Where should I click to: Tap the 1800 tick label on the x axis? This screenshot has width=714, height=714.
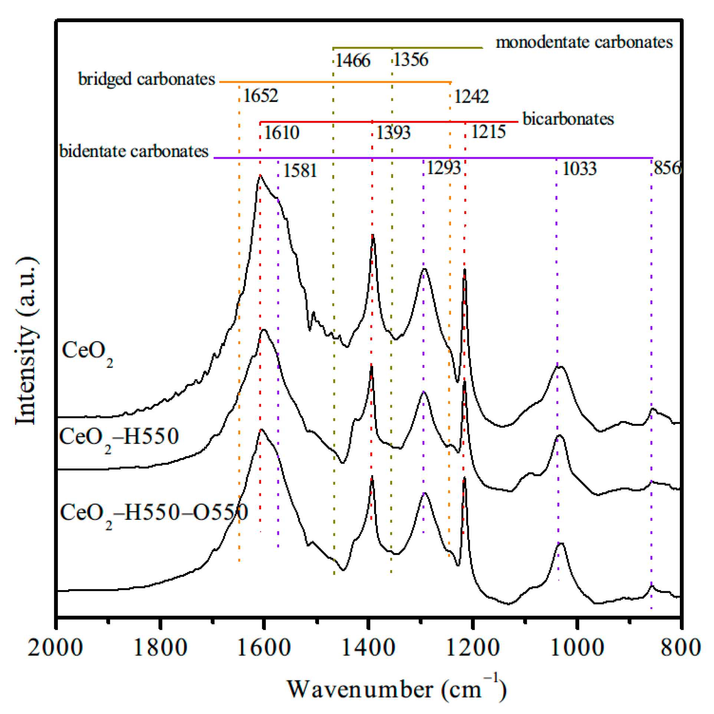(x=160, y=648)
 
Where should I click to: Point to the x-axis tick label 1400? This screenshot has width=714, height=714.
(x=368, y=648)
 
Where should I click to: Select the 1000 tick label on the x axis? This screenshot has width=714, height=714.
(x=577, y=648)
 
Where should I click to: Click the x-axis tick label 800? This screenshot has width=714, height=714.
(x=681, y=648)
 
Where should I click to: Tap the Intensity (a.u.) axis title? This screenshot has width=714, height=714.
(x=26, y=340)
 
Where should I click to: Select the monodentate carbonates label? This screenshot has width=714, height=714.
(x=584, y=42)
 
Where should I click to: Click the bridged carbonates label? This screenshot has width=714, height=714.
(x=147, y=79)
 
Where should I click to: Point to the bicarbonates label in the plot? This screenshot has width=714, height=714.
(x=568, y=119)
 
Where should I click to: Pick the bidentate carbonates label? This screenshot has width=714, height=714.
(x=134, y=151)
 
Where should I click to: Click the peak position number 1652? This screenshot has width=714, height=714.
(x=260, y=96)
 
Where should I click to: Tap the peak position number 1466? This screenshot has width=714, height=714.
(x=353, y=60)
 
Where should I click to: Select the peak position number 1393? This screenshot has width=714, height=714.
(x=393, y=133)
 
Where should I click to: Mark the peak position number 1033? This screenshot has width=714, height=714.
(x=579, y=169)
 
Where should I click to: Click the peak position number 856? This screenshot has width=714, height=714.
(x=667, y=168)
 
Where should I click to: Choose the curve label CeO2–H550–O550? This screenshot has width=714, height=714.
(x=154, y=513)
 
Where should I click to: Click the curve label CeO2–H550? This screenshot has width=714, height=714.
(x=119, y=437)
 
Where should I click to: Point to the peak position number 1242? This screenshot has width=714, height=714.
(x=471, y=97)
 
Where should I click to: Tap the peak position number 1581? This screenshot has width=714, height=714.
(x=300, y=171)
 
